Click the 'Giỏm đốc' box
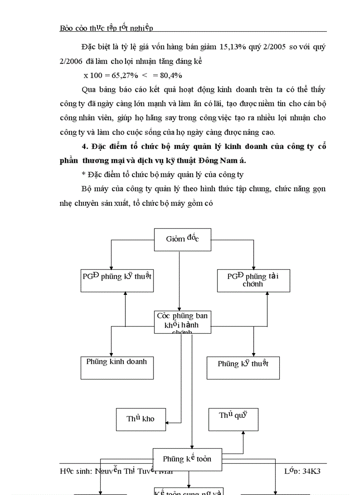pyautogui.click(x=182, y=239)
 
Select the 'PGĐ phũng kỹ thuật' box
pyautogui.click(x=117, y=280)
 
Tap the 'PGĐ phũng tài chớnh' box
pyautogui.click(x=253, y=280)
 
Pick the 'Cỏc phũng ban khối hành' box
pyautogui.click(x=182, y=322)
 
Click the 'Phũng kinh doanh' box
pyautogui.click(x=117, y=367)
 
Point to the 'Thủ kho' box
pyautogui.click(x=141, y=419)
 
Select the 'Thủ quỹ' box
pyautogui.click(x=233, y=419)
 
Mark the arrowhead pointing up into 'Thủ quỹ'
pyautogui.click(x=243, y=433)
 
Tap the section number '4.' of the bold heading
pyautogui.click(x=85, y=147)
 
